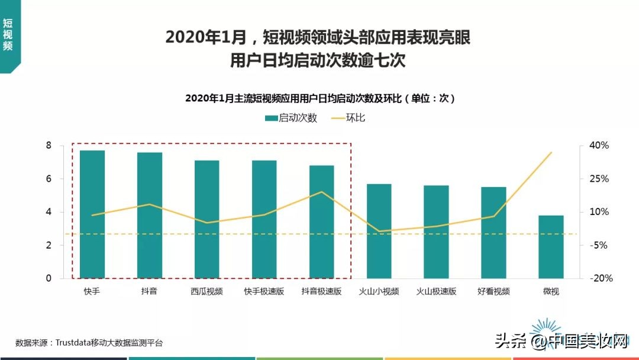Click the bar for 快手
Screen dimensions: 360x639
[92, 214]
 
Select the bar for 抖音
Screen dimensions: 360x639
[150, 216]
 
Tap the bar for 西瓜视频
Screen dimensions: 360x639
[206, 219]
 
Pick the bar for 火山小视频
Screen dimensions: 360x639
[379, 231]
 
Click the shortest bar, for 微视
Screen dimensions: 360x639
[551, 246]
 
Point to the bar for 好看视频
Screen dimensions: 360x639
[493, 233]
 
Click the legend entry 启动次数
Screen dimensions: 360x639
[291, 118]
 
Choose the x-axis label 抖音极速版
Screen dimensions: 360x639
[321, 291]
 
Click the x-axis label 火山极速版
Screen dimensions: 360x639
[436, 291]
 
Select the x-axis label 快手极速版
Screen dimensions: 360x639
[264, 291]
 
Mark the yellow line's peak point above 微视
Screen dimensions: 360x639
[551, 153]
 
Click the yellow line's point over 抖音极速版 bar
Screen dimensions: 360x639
[321, 192]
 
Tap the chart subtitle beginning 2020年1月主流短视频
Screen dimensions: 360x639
[319, 98]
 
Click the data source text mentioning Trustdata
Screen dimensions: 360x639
[89, 343]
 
